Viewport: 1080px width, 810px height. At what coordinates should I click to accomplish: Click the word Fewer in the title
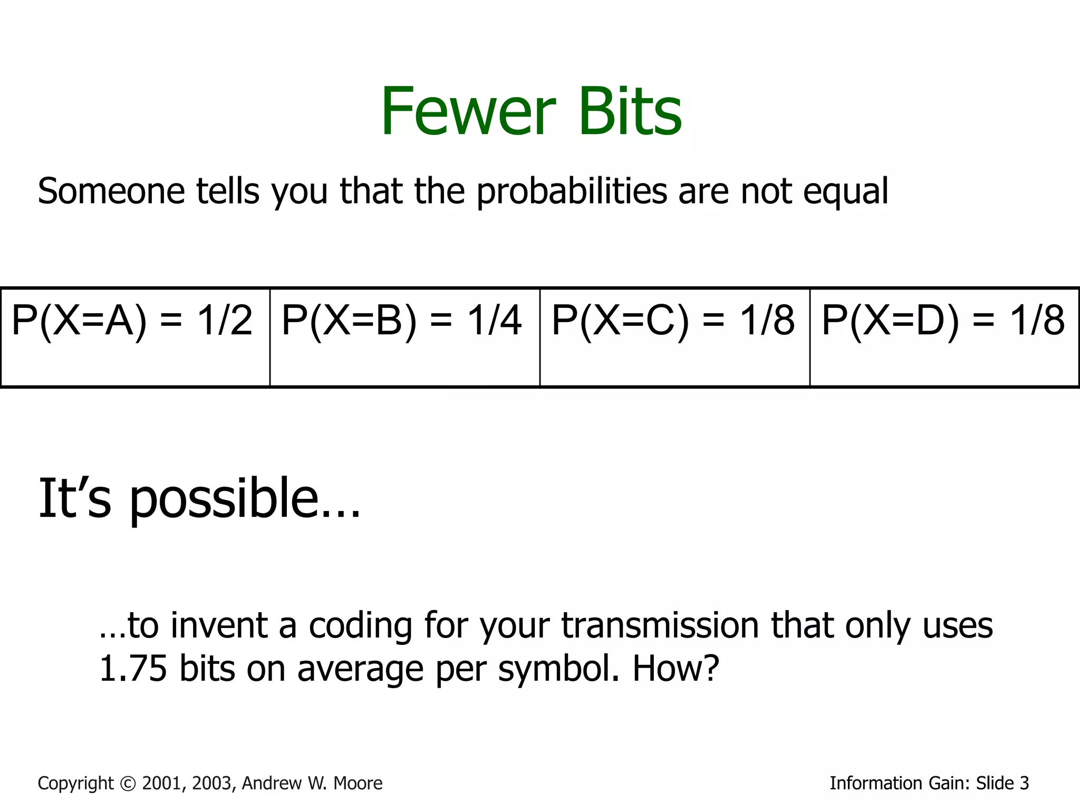click(468, 112)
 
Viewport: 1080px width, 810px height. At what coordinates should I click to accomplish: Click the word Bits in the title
click(630, 112)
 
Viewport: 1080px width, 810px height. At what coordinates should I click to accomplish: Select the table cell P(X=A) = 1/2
click(135, 337)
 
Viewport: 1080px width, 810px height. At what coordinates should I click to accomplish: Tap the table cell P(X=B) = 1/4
click(404, 337)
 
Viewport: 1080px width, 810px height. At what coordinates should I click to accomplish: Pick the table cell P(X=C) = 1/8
click(674, 337)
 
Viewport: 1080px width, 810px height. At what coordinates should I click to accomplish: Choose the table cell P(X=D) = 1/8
click(944, 337)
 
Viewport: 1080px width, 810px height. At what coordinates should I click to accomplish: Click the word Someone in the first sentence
click(111, 191)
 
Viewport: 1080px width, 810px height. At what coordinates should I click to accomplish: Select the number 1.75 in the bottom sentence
click(133, 668)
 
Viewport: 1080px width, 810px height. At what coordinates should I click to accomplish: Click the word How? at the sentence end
click(676, 668)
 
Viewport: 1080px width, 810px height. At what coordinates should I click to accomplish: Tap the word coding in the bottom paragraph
click(360, 626)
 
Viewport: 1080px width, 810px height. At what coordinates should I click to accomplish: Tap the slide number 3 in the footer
click(1024, 783)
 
